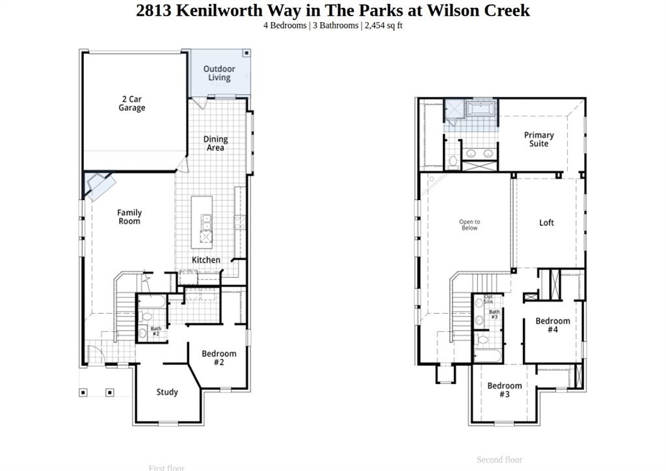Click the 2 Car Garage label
coord(131,104)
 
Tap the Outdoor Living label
coord(219,73)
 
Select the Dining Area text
coord(215,143)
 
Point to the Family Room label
coord(129,217)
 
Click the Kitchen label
coord(206,260)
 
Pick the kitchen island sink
coord(207,222)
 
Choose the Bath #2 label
coord(156,331)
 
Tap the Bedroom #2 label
coord(219,358)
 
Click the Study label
coord(167,392)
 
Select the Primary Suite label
coord(539,139)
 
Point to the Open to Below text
coord(470,225)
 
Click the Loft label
coord(546,223)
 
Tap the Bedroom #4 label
coord(552,325)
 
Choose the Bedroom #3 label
coord(504,390)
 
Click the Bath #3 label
coord(494,314)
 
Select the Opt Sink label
coord(488,299)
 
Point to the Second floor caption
coord(499,460)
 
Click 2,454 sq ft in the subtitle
coord(383,25)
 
